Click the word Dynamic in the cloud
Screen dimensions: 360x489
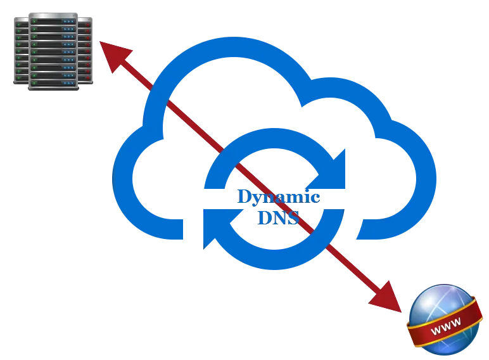click(x=278, y=197)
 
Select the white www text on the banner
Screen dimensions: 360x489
click(x=445, y=328)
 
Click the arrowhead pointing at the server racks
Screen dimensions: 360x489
click(x=115, y=56)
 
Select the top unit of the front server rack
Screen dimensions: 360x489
click(x=53, y=22)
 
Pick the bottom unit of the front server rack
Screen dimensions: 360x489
click(x=53, y=82)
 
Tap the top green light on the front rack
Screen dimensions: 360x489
click(x=35, y=22)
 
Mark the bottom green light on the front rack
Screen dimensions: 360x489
click(x=35, y=82)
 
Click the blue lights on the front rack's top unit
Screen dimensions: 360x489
click(x=68, y=22)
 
